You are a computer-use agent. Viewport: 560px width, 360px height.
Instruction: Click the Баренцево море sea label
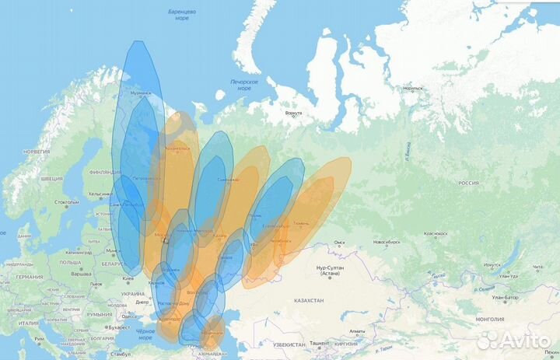[182, 15]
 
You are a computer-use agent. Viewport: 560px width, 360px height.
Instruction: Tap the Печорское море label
[243, 84]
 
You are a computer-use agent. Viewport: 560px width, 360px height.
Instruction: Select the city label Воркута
[293, 114]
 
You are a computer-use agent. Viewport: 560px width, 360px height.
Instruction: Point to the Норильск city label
[413, 88]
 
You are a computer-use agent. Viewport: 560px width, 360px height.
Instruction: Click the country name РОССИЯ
[467, 183]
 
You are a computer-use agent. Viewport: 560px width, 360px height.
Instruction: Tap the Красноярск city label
[436, 233]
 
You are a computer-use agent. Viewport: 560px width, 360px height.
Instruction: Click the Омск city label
[338, 242]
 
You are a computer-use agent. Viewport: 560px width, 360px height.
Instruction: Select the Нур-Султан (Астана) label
[331, 271]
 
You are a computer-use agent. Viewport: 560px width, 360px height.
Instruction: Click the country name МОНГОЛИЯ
[489, 319]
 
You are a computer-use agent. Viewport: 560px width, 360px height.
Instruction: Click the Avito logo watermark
[511, 340]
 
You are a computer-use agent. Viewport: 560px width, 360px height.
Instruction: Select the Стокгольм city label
[66, 201]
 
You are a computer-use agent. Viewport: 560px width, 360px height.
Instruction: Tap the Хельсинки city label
[100, 194]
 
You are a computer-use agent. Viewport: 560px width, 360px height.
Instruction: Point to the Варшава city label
[82, 273]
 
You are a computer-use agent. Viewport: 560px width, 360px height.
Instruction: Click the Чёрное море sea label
[145, 334]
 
